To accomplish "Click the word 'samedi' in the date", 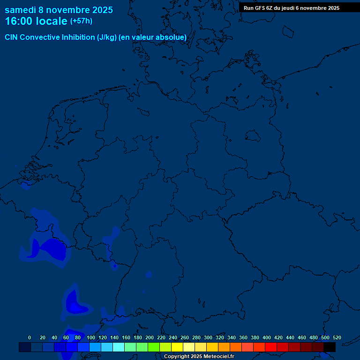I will coord(21,10).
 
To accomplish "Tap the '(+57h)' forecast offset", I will coord(81,21).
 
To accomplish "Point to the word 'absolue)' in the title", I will coord(172,37).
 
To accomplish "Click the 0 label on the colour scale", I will coord(30,337).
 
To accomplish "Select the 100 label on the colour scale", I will coord(91,337).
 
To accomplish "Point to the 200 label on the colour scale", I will coord(150,337).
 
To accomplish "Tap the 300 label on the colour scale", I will coord(208,337).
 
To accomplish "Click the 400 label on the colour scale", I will coord(267,337).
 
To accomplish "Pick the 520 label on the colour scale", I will coord(337,337).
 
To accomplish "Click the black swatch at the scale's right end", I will coord(329,347).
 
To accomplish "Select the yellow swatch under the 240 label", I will coord(177,347).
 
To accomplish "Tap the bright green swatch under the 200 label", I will coord(153,347).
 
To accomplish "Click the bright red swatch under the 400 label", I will coord(270,347).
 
